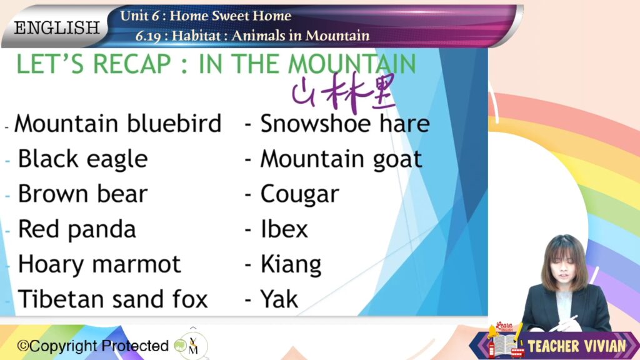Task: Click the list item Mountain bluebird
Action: [x=117, y=123]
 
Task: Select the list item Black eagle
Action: [x=82, y=159]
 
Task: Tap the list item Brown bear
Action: [x=82, y=194]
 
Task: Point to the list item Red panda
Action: [x=77, y=230]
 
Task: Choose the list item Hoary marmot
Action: [x=99, y=265]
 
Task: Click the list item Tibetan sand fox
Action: [x=112, y=299]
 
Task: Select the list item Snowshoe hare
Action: [x=345, y=123]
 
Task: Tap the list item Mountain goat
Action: [x=341, y=159]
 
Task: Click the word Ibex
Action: [x=284, y=229]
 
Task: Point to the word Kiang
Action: [x=291, y=265]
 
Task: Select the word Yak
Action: [x=279, y=299]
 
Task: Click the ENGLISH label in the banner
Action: [x=57, y=27]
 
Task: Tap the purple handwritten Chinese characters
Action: [x=344, y=92]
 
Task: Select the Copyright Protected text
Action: [x=92, y=346]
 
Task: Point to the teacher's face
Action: [x=565, y=269]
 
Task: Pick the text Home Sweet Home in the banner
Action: [x=230, y=16]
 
